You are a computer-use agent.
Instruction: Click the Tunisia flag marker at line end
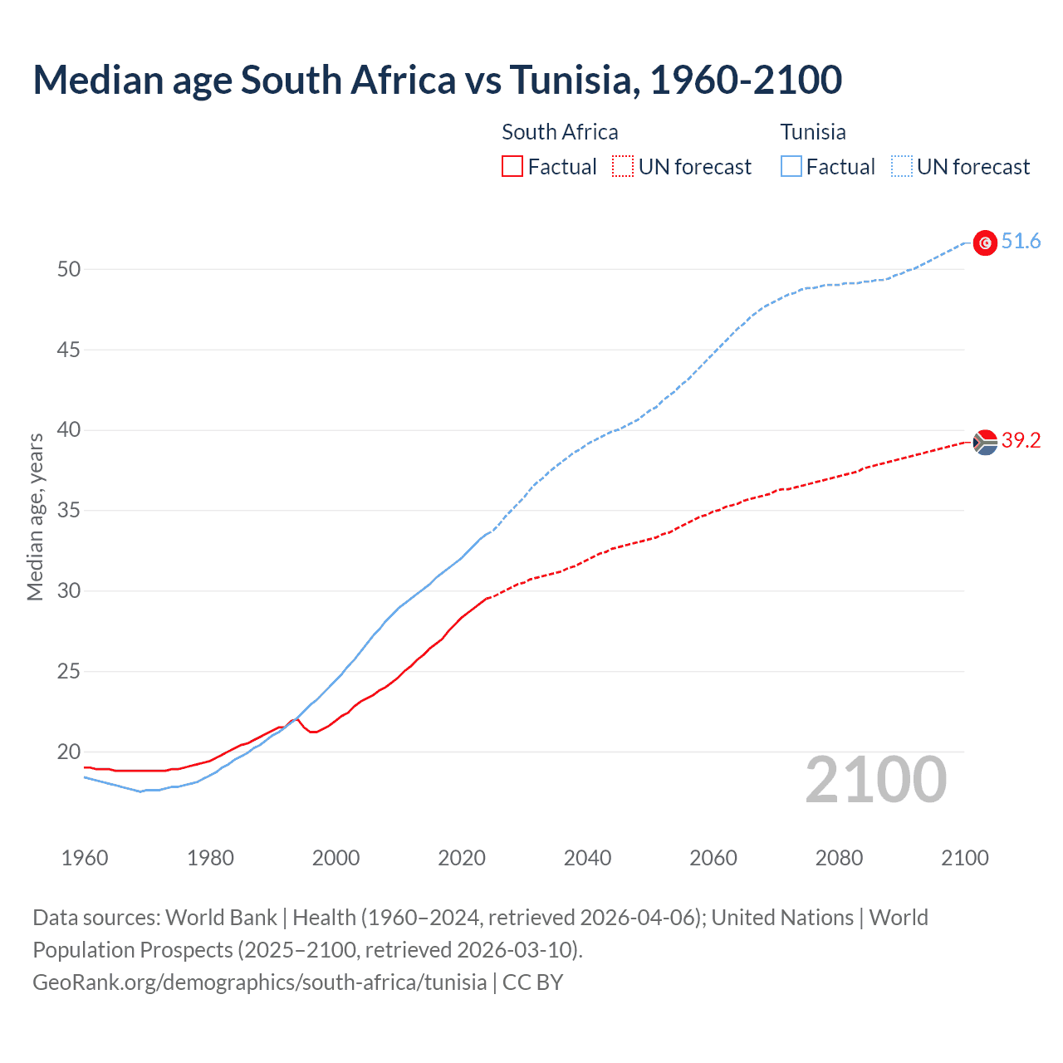[985, 242]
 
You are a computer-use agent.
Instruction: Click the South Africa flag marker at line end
[985, 442]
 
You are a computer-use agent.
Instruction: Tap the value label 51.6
[1021, 242]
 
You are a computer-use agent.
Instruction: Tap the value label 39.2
[1021, 441]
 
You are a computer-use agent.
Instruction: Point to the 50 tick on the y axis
[69, 269]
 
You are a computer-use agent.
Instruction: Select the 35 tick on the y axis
[69, 511]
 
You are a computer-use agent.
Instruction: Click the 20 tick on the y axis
[69, 752]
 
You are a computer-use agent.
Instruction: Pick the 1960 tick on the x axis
[85, 858]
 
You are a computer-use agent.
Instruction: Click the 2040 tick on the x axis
[587, 858]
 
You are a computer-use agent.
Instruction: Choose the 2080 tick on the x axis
[839, 858]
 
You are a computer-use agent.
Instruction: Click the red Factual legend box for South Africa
[512, 167]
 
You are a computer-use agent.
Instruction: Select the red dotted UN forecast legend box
[623, 167]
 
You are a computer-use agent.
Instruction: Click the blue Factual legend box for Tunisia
[791, 167]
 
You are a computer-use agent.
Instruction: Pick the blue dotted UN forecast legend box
[901, 167]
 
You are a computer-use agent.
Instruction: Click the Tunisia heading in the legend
[813, 132]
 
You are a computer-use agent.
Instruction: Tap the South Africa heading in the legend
[560, 132]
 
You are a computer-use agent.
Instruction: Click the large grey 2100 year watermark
[875, 780]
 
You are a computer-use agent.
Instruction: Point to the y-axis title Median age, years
[35, 517]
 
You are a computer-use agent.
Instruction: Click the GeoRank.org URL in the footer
[259, 982]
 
